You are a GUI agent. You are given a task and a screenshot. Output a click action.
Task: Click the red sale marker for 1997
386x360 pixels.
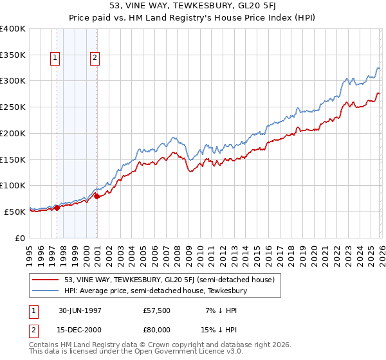click(57, 208)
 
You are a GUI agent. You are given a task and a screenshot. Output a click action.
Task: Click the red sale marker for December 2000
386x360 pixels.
click(96, 196)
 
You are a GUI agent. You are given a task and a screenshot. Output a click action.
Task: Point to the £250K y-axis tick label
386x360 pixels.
click(13, 107)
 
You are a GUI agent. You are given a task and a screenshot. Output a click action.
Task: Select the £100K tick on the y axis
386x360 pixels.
click(13, 185)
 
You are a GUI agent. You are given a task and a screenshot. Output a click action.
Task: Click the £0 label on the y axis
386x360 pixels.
click(19, 238)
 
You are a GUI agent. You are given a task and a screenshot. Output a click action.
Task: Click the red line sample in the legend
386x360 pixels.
click(46, 280)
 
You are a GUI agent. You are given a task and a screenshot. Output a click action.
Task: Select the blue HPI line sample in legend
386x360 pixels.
click(46, 291)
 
